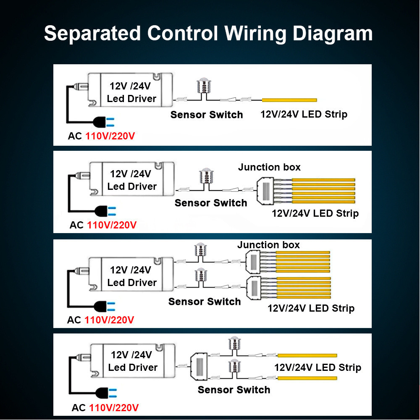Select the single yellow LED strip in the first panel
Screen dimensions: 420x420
289,100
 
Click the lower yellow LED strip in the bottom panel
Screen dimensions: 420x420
308,378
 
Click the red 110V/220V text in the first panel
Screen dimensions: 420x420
111,136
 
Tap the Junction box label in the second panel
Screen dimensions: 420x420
269,167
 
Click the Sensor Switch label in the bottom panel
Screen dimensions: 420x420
234,390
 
